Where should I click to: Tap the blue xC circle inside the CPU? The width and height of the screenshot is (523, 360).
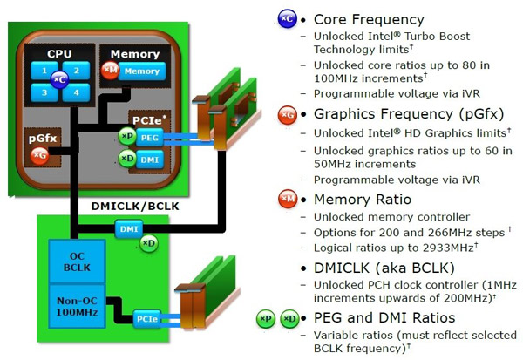[x=59, y=80]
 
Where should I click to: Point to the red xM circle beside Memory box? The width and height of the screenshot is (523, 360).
[x=111, y=70]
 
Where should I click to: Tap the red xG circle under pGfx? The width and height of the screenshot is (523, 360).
[x=39, y=155]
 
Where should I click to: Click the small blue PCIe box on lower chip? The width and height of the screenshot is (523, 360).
[x=146, y=320]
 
